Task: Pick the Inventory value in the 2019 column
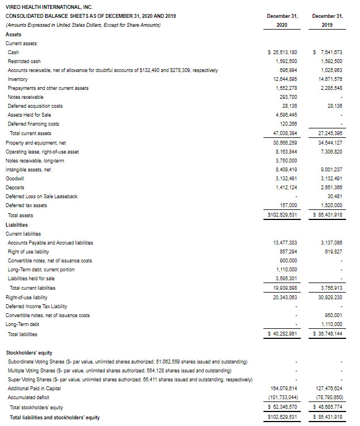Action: (x=329, y=79)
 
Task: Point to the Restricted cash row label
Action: (x=24, y=61)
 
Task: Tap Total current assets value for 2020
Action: (x=284, y=133)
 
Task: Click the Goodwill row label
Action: (x=15, y=178)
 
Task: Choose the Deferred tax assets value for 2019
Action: (x=331, y=205)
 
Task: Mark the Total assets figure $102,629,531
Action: (x=282, y=215)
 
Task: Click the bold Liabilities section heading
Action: (x=17, y=224)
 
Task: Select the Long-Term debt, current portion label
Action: (x=41, y=270)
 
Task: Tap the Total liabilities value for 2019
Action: (x=328, y=334)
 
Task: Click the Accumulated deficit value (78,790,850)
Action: (x=329, y=398)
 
